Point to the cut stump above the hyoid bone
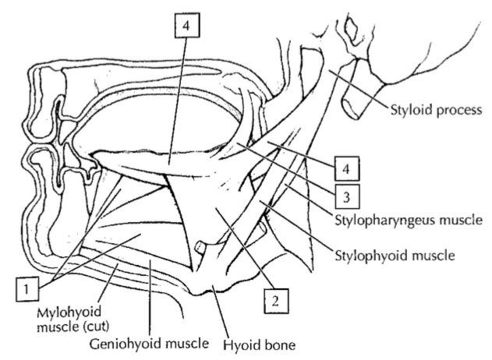tap(201, 249)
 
